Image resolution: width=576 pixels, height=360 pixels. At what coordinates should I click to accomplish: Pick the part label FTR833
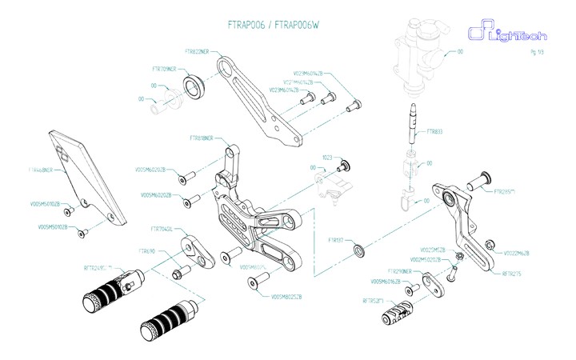point(435,130)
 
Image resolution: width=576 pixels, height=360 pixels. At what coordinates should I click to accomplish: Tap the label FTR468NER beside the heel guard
point(40,170)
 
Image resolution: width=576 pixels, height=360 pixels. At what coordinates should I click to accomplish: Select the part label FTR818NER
point(201,138)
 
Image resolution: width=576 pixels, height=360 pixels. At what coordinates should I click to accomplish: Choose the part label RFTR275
point(511,273)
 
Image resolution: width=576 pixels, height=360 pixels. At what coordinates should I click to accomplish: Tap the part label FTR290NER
point(400,272)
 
